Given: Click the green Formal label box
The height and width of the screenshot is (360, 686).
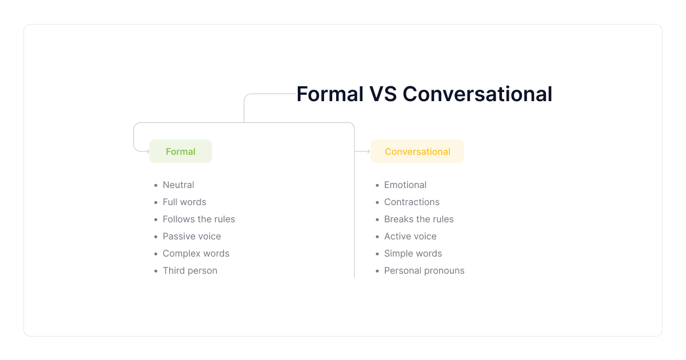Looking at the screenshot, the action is (181, 151).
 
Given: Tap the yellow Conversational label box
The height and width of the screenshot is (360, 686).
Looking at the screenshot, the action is (417, 151).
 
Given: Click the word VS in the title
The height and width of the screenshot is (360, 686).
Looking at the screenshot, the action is (383, 94).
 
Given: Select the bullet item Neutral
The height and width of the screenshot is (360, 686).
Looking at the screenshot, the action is (178, 185).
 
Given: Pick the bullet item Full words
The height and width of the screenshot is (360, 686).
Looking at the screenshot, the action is (184, 202).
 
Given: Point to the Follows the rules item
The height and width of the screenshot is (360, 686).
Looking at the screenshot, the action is (199, 219).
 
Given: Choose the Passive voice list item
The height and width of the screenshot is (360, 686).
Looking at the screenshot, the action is (192, 237).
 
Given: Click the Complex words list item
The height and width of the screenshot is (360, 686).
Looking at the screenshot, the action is (196, 254).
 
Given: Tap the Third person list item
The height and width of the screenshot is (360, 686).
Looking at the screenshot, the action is (190, 271).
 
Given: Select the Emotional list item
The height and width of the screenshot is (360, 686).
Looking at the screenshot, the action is (405, 185).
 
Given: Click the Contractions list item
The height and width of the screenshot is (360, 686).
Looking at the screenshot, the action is (412, 202).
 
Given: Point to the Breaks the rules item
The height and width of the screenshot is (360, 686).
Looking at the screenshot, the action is (418, 219).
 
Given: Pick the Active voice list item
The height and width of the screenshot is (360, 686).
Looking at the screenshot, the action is (410, 237).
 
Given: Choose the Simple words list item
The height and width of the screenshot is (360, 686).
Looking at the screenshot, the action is (413, 254).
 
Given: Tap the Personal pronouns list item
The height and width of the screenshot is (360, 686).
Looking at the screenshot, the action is (424, 271).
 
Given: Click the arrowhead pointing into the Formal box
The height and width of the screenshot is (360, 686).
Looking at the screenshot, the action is (148, 151).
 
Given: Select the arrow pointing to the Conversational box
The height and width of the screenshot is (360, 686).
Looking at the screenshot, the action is (362, 151).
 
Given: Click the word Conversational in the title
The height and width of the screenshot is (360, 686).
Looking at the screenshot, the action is (477, 94).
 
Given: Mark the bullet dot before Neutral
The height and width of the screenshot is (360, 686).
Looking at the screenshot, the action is (156, 185).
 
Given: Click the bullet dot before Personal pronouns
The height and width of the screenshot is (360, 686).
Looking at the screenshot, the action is (377, 271).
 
